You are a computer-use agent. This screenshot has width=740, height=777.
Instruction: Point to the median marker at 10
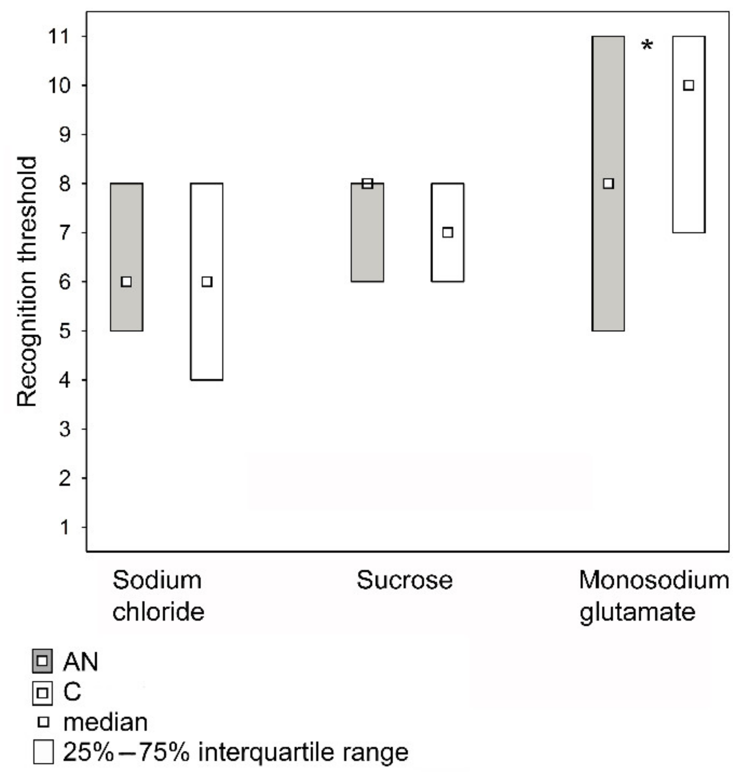click(x=689, y=85)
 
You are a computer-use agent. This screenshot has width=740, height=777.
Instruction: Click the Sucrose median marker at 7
click(x=447, y=232)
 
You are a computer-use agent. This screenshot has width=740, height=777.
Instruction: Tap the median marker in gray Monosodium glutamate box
click(x=608, y=183)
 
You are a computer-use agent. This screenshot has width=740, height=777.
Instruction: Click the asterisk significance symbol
click(x=647, y=46)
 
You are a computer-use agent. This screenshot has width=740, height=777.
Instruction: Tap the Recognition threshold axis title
click(x=27, y=281)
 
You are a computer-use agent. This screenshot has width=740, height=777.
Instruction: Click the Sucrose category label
click(x=404, y=581)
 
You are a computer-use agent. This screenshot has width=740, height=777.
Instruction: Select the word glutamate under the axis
click(x=637, y=612)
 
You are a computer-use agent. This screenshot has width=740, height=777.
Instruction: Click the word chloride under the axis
click(x=158, y=612)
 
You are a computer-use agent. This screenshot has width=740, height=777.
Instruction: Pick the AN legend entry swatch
click(x=42, y=661)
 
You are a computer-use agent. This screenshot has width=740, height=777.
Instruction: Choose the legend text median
click(x=105, y=722)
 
